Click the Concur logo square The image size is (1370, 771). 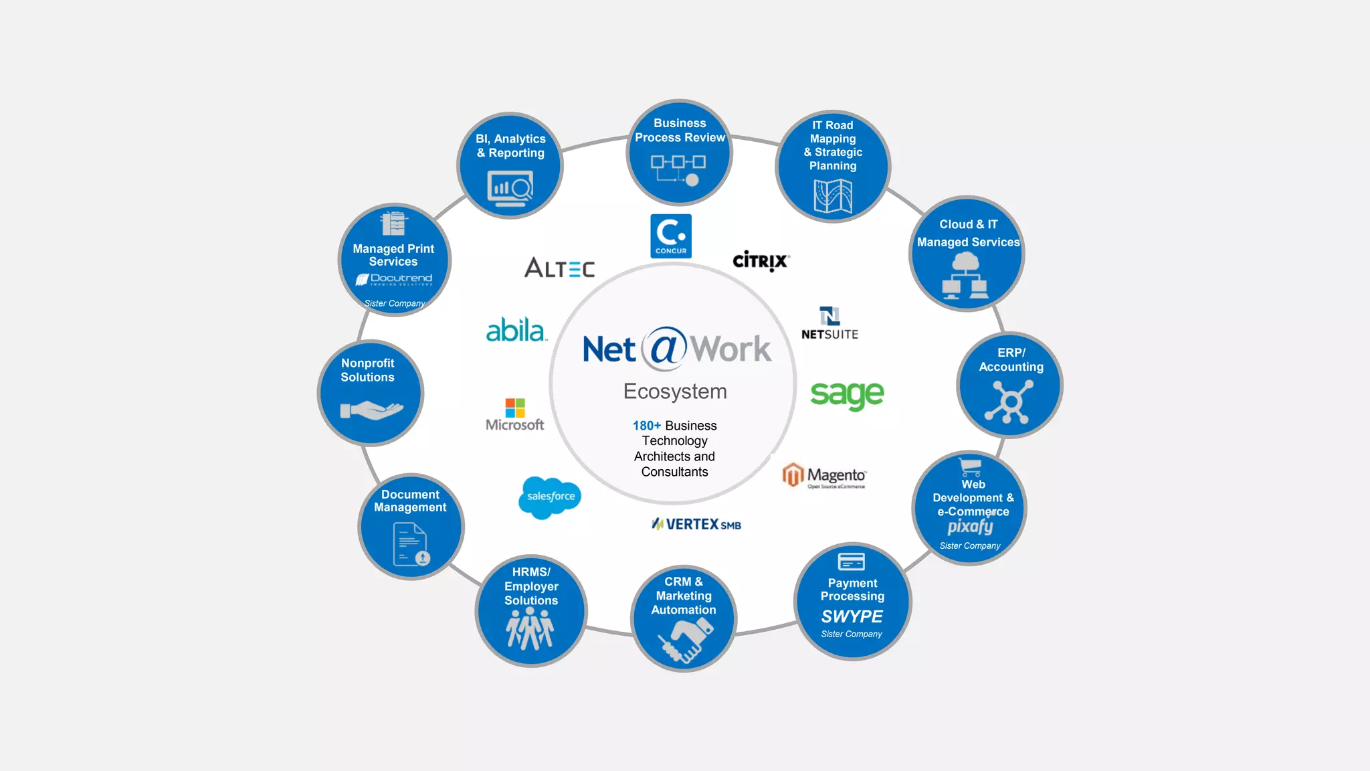[x=671, y=236]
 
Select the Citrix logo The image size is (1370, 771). [x=761, y=261]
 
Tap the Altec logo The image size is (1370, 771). [x=559, y=268]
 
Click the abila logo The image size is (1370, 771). [x=516, y=331]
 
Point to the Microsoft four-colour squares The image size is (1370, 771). [x=515, y=408]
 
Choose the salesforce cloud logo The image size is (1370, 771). [x=550, y=497]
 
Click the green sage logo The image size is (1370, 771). [x=847, y=395]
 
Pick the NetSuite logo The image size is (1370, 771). [x=829, y=324]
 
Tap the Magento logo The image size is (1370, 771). [x=824, y=476]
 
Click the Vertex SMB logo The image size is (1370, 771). [x=696, y=524]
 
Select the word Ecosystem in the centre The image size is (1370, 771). [x=675, y=392]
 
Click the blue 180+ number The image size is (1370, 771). [x=646, y=426]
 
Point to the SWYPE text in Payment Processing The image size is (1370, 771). [x=852, y=616]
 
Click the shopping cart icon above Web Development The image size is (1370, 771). [x=970, y=466]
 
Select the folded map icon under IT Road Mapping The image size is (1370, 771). [x=833, y=196]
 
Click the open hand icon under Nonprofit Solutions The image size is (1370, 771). [x=371, y=410]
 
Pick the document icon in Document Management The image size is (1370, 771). [x=411, y=545]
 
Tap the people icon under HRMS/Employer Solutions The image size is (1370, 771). [x=530, y=629]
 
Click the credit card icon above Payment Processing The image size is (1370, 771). [x=851, y=561]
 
